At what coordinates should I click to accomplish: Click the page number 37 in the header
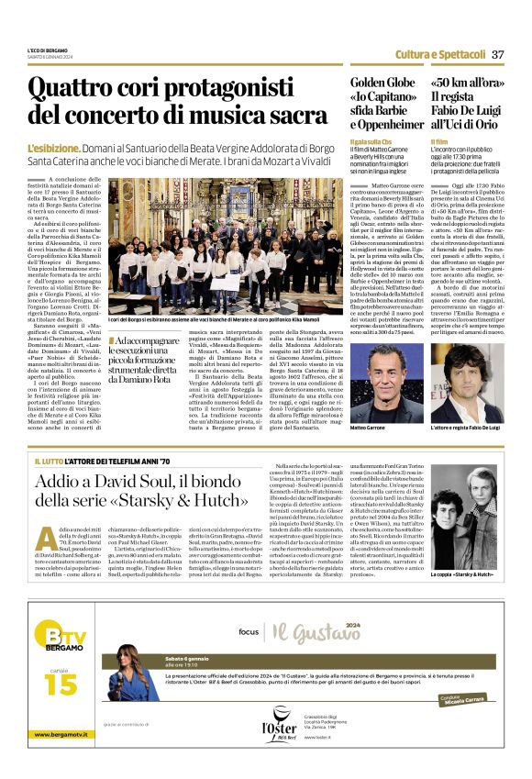click(498, 54)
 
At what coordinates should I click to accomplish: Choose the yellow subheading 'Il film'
click(438, 143)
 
